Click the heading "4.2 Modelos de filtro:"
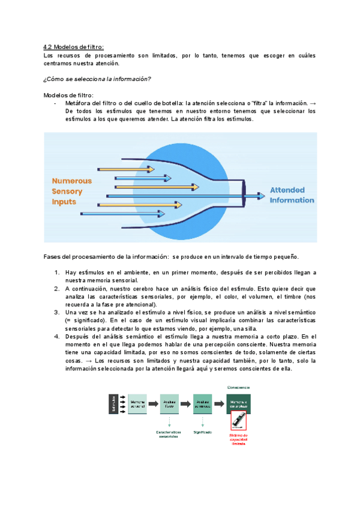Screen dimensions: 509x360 pyautogui.click(x=74, y=47)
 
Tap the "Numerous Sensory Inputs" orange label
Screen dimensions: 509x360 pyautogui.click(x=71, y=191)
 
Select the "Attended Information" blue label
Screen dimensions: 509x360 pyautogui.click(x=292, y=195)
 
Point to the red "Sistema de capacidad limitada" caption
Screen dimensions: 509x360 pyautogui.click(x=239, y=440)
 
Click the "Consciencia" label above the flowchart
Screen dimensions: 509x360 pyautogui.click(x=239, y=387)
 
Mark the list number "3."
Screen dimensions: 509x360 pyautogui.click(x=56, y=313)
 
